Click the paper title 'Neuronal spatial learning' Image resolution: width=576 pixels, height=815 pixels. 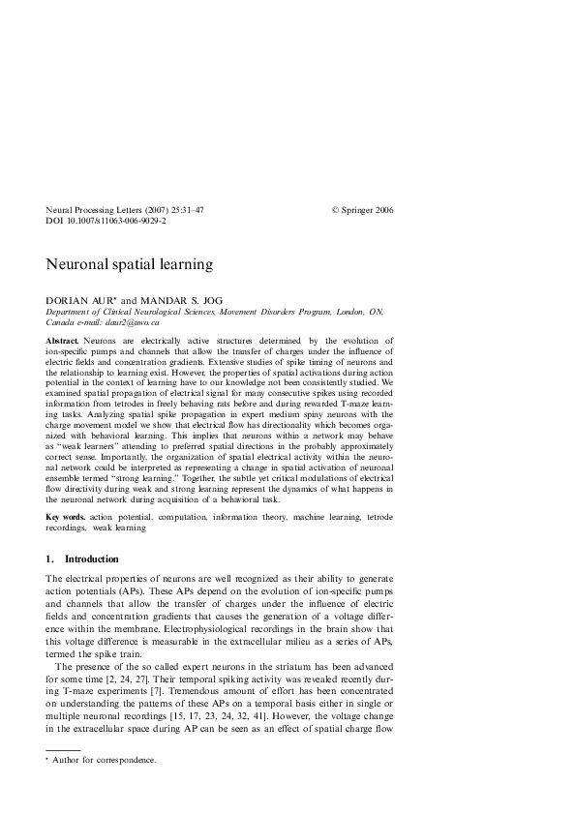click(x=129, y=263)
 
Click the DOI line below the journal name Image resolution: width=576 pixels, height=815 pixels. click(x=106, y=222)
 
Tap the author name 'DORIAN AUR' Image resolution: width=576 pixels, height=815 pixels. click(x=79, y=300)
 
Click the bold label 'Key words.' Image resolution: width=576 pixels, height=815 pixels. click(x=67, y=519)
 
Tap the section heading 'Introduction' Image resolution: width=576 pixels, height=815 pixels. click(x=91, y=558)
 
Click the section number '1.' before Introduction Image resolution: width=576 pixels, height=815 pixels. click(x=50, y=558)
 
